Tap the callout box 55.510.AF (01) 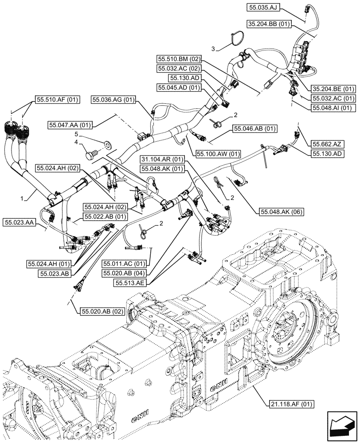coord(56,100)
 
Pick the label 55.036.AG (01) coord(113,101)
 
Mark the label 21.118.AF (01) coord(291,404)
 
